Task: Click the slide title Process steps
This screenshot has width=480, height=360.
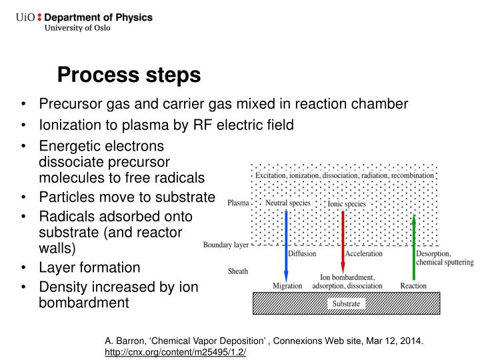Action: pyautogui.click(x=128, y=75)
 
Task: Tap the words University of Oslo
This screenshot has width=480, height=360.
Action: pyautogui.click(x=77, y=28)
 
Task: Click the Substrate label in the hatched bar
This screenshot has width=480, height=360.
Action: pyautogui.click(x=346, y=304)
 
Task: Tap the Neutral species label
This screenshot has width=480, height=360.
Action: pyautogui.click(x=287, y=203)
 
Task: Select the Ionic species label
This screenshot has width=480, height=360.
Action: pyautogui.click(x=347, y=203)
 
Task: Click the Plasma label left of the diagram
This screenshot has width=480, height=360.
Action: pyautogui.click(x=238, y=203)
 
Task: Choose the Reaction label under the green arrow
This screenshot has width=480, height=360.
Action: pyautogui.click(x=413, y=285)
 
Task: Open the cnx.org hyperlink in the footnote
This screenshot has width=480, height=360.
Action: pyautogui.click(x=175, y=352)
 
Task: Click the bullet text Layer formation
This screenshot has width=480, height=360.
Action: pyautogui.click(x=90, y=267)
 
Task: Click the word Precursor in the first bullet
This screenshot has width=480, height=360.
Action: pyautogui.click(x=71, y=104)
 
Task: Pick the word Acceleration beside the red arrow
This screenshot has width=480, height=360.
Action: pyautogui.click(x=364, y=253)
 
